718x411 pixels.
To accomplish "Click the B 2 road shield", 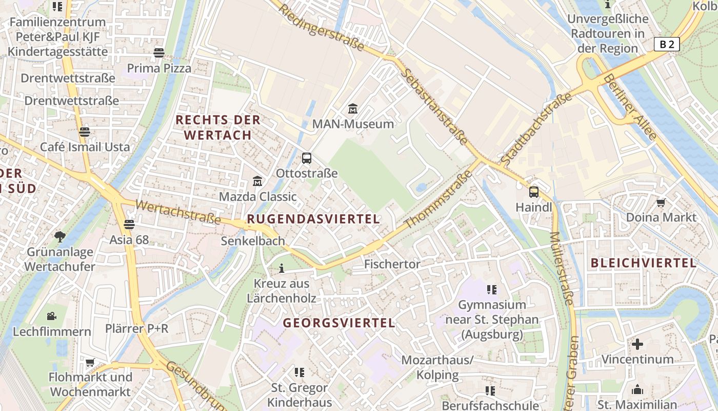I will click(x=667, y=44).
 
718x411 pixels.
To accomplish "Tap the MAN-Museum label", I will click(x=353, y=124).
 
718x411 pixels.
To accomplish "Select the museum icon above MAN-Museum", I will click(x=353, y=109).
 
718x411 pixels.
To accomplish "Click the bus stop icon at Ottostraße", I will click(x=307, y=158).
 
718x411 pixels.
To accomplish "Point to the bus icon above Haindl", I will click(x=534, y=192).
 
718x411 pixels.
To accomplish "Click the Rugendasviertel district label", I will click(x=313, y=219).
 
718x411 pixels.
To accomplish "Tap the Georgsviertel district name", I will click(x=339, y=323).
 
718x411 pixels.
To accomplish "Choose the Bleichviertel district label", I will click(x=644, y=263).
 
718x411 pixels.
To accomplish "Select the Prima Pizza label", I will click(x=159, y=68).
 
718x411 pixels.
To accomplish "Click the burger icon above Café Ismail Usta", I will click(x=85, y=132).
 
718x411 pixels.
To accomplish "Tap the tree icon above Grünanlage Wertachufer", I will click(x=60, y=236).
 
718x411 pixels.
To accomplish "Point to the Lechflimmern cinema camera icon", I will click(x=51, y=316).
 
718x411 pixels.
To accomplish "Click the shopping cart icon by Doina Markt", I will click(x=661, y=202).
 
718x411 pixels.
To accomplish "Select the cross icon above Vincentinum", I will click(x=637, y=344).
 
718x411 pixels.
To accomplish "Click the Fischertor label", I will click(x=392, y=264).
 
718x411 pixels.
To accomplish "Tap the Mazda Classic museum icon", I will click(x=257, y=181).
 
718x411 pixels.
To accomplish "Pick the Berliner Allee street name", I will click(x=630, y=107).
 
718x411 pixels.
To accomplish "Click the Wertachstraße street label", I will click(x=178, y=212).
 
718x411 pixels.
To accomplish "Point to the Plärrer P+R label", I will click(x=136, y=328).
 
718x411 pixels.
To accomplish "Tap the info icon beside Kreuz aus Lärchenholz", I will click(x=281, y=268).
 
